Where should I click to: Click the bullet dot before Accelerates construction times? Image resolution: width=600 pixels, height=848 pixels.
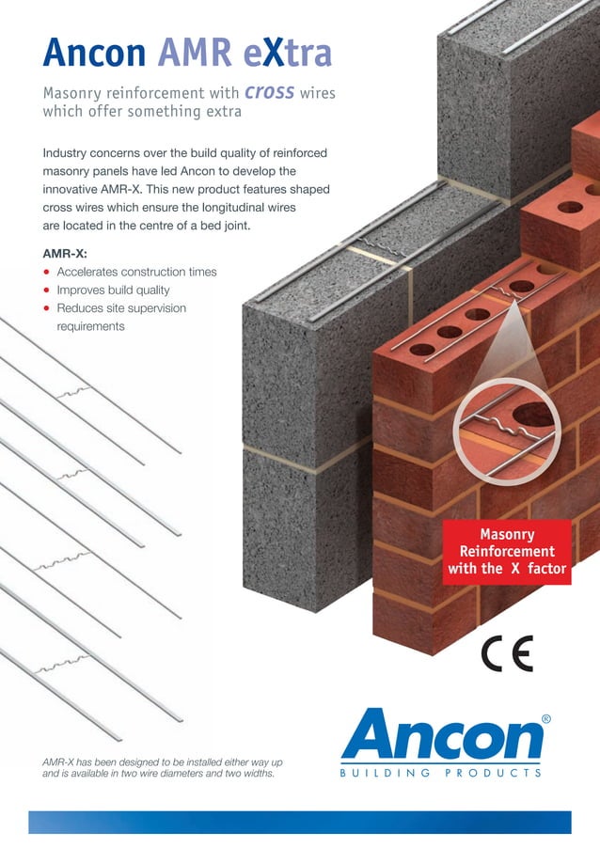click(46, 273)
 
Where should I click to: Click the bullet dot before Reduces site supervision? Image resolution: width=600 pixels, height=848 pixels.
click(46, 308)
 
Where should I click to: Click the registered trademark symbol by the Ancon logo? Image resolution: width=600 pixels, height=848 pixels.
click(546, 718)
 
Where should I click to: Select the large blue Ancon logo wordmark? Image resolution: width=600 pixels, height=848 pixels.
click(441, 738)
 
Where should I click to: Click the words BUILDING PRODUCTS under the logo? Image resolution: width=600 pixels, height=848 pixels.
click(441, 773)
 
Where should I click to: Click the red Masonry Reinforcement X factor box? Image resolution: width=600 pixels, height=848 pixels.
click(507, 552)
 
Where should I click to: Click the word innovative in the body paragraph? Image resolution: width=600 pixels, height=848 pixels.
click(77, 189)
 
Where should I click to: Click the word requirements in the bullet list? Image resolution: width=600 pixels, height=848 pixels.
click(91, 326)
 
